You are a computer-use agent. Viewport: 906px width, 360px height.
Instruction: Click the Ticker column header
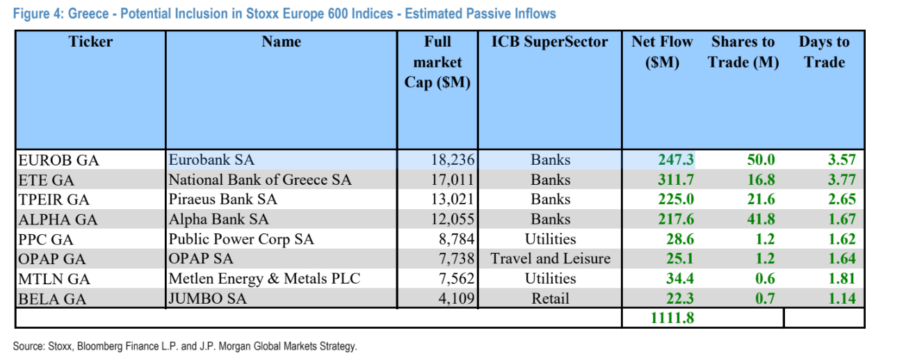pos(90,42)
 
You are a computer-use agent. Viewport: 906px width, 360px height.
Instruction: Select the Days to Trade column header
pos(824,52)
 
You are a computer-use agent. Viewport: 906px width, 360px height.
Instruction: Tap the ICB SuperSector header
pos(549,42)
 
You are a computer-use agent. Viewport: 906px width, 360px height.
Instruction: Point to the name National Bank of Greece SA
pos(260,180)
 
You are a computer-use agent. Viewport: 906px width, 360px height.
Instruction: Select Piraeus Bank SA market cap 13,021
pos(453,199)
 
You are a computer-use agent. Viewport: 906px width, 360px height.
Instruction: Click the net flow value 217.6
pos(676,220)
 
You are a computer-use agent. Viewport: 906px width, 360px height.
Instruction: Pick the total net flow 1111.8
pos(672,318)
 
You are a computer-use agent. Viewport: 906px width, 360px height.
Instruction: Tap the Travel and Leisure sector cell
pos(550,259)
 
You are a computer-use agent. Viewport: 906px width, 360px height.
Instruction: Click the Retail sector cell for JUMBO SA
pos(550,299)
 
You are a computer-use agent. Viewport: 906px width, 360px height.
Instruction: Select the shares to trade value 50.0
pos(761,160)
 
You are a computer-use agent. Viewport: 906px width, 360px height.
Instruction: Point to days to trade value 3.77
pos(841,180)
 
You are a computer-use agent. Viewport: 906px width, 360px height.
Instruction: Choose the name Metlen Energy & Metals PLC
pos(265,279)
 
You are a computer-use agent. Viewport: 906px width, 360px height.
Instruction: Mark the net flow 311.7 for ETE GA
pos(676,180)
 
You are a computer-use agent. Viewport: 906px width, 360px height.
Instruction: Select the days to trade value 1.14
pos(841,299)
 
